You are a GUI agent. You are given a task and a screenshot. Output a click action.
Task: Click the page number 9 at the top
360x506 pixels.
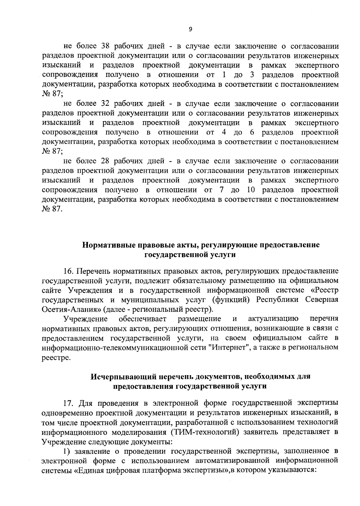pos(190,29)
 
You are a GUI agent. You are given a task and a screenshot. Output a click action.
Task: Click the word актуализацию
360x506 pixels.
pos(273,319)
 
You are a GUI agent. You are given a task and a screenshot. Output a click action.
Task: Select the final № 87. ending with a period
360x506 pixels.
pos(52,209)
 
